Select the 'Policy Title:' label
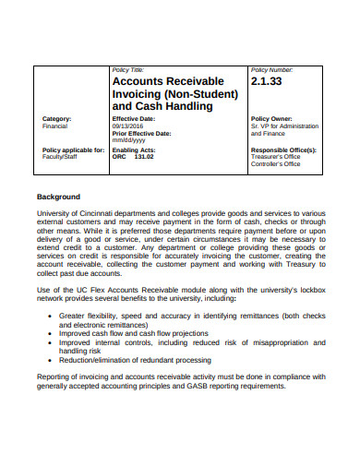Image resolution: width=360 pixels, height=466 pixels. coord(126,70)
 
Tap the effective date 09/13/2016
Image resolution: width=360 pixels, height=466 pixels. coord(128,126)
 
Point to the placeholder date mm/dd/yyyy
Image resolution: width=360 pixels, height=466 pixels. coord(129,140)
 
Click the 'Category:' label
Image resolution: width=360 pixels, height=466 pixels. coord(57,119)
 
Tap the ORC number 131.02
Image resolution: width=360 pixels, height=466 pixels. coord(144,156)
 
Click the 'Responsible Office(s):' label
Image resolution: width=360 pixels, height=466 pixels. coord(283,149)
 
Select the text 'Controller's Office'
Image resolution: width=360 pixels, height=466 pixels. coord(276,163)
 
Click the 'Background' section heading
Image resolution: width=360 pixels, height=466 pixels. coord(58,197)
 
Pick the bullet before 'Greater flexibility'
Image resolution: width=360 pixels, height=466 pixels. coord(49,315)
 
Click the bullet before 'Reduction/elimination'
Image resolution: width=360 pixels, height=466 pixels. coord(49,360)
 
